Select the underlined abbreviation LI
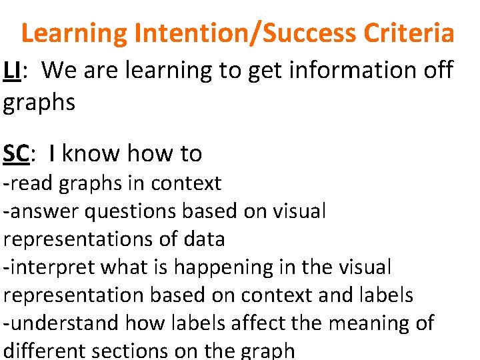(x=11, y=69)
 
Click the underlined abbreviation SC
(x=17, y=153)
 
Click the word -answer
(x=39, y=211)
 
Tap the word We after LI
(x=63, y=69)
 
